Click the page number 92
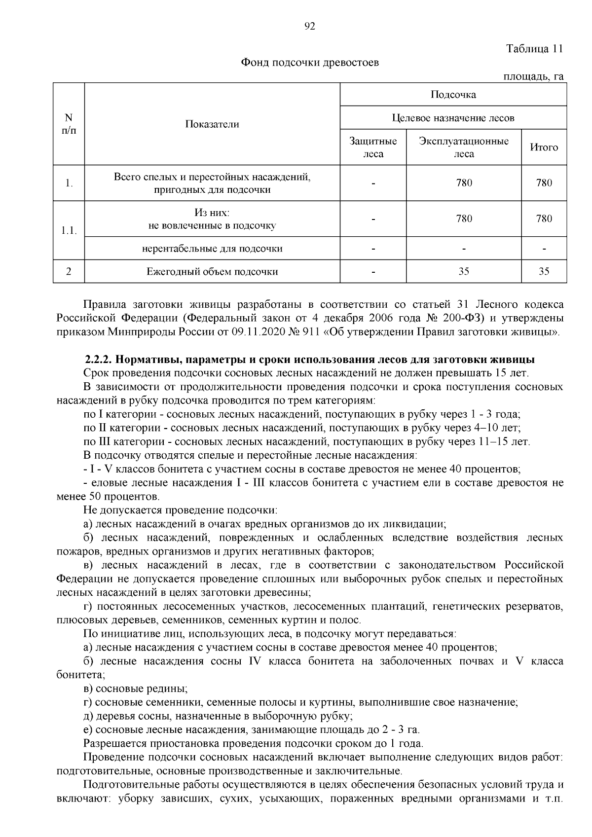(309, 26)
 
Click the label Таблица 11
(534, 49)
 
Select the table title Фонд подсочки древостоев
(310, 63)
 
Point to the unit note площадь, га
(533, 76)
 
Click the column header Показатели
(212, 124)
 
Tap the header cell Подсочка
(453, 95)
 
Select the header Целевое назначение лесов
(453, 118)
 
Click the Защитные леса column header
(373, 147)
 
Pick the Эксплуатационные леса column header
(464, 147)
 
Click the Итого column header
(544, 147)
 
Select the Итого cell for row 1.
(544, 183)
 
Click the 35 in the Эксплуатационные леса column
(464, 271)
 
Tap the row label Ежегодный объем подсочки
(212, 271)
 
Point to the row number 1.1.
(69, 230)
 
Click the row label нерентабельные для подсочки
(212, 249)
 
